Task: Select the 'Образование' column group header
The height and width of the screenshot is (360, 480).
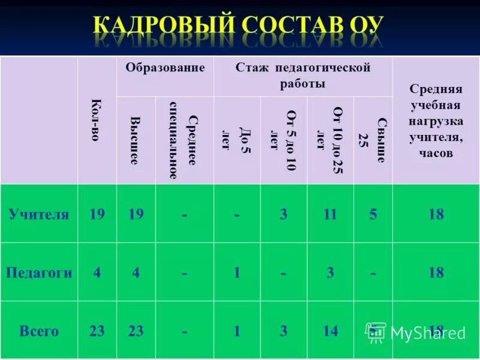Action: (x=165, y=68)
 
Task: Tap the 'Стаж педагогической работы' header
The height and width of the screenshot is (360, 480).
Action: (x=302, y=76)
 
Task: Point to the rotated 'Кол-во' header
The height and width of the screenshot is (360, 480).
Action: (x=97, y=120)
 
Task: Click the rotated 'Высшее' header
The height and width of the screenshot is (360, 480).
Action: (x=136, y=140)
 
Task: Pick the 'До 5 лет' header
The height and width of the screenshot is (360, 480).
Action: (x=236, y=140)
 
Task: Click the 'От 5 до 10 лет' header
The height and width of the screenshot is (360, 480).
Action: (x=283, y=140)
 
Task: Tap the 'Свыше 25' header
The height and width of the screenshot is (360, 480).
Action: (x=373, y=140)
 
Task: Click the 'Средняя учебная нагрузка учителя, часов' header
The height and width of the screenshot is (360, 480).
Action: (x=436, y=121)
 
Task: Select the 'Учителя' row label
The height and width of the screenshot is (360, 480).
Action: (x=39, y=214)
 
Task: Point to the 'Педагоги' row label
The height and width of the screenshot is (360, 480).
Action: (x=39, y=273)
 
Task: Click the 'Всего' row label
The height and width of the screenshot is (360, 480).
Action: (x=39, y=331)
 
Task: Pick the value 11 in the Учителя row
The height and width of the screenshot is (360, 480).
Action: (x=330, y=214)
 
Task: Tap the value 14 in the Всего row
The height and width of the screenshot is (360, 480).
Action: (x=330, y=331)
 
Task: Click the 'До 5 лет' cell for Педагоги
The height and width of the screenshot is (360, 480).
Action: (x=237, y=273)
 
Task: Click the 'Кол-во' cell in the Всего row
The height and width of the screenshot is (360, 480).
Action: (x=97, y=331)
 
